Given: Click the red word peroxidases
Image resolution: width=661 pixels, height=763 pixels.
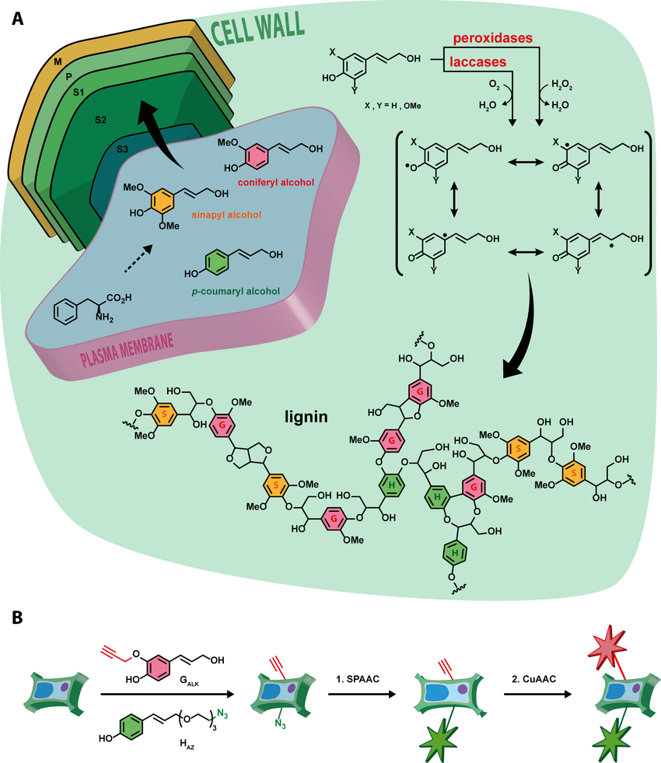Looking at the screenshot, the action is tap(493, 38).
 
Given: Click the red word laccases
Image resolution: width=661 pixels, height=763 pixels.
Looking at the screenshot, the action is tap(477, 61).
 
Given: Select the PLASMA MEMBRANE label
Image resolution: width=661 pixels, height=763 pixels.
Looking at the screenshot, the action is tap(127, 350).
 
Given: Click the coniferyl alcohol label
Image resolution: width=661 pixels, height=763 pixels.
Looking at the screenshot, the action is tap(276, 183).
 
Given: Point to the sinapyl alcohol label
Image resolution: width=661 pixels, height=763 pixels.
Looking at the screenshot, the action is tap(226, 215).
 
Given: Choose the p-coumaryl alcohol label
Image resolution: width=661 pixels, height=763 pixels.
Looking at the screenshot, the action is tap(236, 292).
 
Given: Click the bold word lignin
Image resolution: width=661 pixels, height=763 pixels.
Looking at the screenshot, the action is tap(306, 417).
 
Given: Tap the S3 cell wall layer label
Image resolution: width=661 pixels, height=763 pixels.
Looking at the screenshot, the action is tap(122, 149).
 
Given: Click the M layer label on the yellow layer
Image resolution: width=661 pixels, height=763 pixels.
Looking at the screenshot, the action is tap(58, 61).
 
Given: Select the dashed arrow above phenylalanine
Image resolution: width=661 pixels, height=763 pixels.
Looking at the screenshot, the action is tap(138, 259).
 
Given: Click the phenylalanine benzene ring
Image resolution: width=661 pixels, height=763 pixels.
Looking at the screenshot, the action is tap(65, 312).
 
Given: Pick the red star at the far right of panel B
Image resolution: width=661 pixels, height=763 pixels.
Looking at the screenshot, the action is tap(607, 648).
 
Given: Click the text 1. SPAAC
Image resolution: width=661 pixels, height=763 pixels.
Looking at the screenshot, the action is tap(358, 679).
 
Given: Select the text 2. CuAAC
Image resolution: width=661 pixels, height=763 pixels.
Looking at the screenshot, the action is tap(533, 679).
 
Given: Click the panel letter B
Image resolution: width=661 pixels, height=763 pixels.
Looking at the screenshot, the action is tap(18, 618).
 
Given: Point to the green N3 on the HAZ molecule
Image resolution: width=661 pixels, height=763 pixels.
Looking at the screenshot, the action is tap(222, 714).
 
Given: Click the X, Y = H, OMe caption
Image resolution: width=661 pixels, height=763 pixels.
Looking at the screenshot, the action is tap(393, 106).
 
